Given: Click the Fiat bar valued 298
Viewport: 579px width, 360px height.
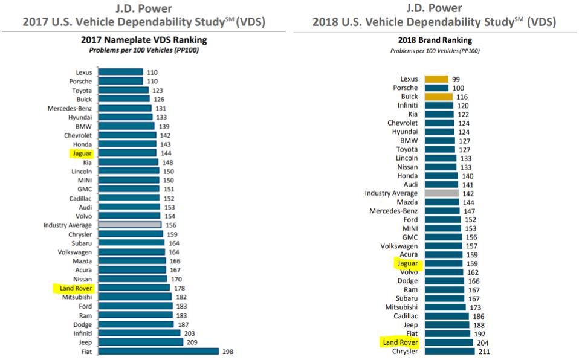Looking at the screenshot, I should coord(158,351).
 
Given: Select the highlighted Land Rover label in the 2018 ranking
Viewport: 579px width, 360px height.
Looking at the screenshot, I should coord(400,342).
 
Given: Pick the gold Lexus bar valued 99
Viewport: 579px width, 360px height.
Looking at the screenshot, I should coord(436,79).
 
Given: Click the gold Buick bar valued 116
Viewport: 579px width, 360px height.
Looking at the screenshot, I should coord(439,97).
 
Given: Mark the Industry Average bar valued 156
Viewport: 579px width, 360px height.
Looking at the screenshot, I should coord(129,225).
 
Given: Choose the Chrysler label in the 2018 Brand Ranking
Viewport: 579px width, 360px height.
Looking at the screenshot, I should coord(405,352).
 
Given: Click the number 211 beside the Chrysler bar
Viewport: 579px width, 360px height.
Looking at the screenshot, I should coord(484,352).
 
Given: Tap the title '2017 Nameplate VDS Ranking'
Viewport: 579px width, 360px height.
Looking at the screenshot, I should coord(144,40).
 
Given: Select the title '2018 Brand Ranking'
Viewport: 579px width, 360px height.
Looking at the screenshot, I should coord(435,40).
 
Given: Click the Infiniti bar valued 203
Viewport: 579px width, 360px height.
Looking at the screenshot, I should coord(139,333).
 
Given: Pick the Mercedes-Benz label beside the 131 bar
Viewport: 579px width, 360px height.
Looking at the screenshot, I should coord(70,108).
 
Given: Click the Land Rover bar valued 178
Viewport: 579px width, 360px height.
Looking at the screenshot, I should coord(134,288).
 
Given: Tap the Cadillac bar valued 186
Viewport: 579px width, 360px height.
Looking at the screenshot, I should coord(447,316).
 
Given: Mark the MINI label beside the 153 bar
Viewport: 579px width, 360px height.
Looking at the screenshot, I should coord(410,228).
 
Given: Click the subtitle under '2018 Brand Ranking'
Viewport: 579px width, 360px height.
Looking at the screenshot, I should coord(435,51).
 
